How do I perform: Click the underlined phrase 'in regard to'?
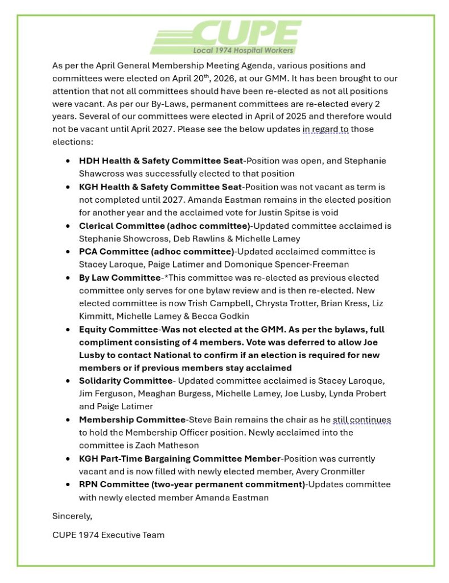326,129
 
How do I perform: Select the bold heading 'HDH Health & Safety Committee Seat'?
160,161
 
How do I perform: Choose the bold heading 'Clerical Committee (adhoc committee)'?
156,226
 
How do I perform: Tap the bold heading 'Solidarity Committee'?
125,381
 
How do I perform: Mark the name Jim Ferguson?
102,394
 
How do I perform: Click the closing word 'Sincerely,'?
72,516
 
